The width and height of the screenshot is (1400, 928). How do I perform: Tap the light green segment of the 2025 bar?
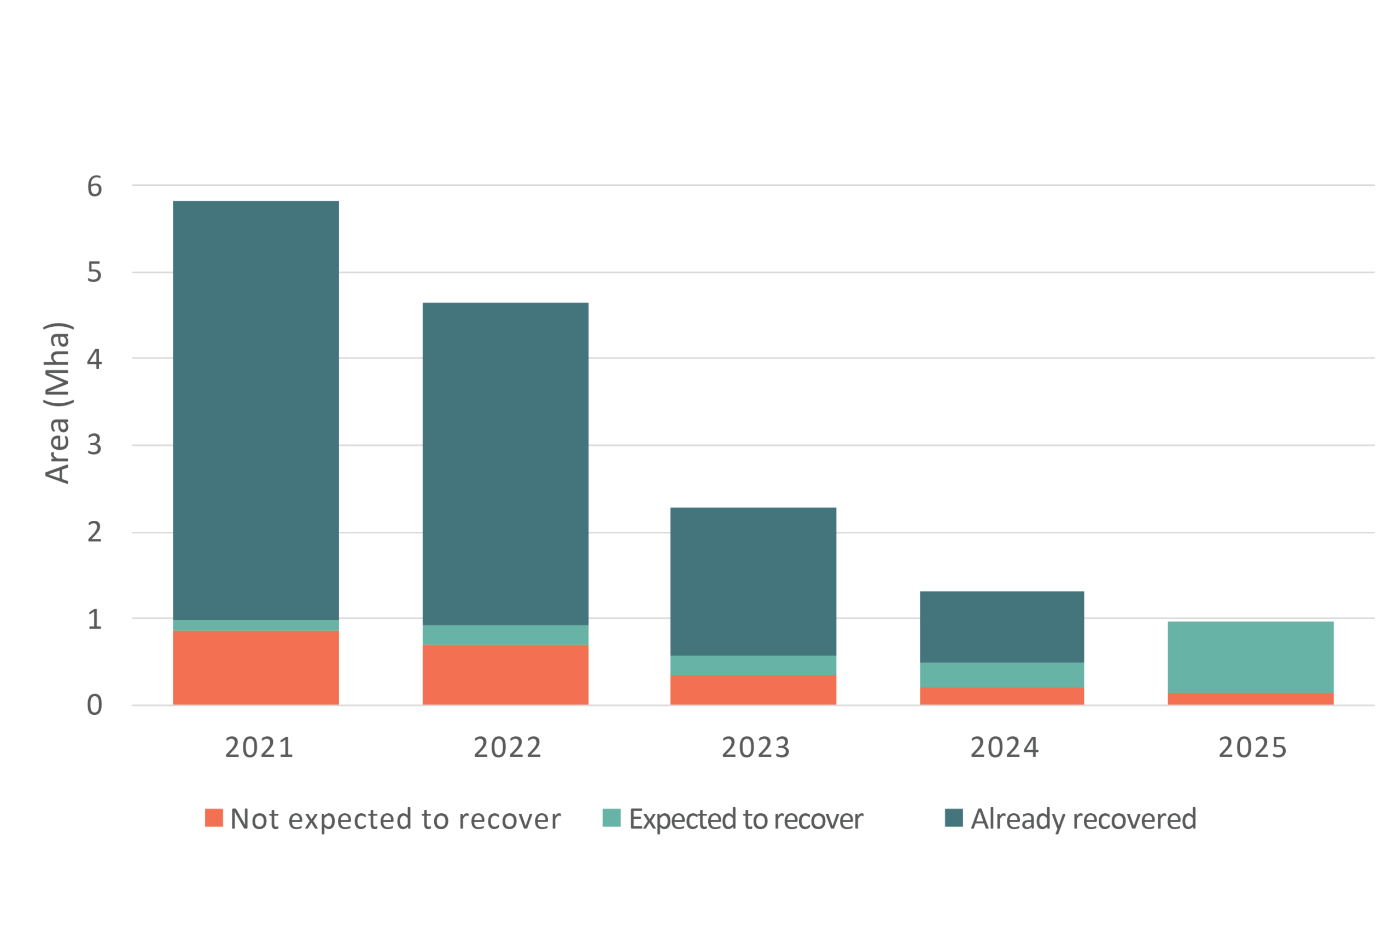click(1250, 657)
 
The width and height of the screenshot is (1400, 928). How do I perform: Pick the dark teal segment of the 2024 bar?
click(1002, 627)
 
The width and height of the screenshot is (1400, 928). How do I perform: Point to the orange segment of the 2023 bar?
click(753, 690)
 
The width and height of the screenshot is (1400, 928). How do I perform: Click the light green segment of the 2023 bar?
click(753, 665)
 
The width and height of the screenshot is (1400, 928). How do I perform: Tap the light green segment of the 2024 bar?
click(1002, 675)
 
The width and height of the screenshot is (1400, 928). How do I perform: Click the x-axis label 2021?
click(259, 748)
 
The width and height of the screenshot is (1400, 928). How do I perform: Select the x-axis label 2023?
click(756, 748)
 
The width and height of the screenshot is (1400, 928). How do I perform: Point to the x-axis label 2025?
click(1252, 748)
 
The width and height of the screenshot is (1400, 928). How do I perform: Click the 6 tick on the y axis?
click(95, 187)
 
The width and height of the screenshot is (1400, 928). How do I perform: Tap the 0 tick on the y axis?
click(95, 706)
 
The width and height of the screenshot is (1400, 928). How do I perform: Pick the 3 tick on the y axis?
click(95, 445)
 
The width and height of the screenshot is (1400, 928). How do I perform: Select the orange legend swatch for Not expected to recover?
click(214, 818)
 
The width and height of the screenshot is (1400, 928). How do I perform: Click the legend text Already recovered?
click(1083, 819)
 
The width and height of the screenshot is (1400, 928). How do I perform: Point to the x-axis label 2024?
click(1005, 748)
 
